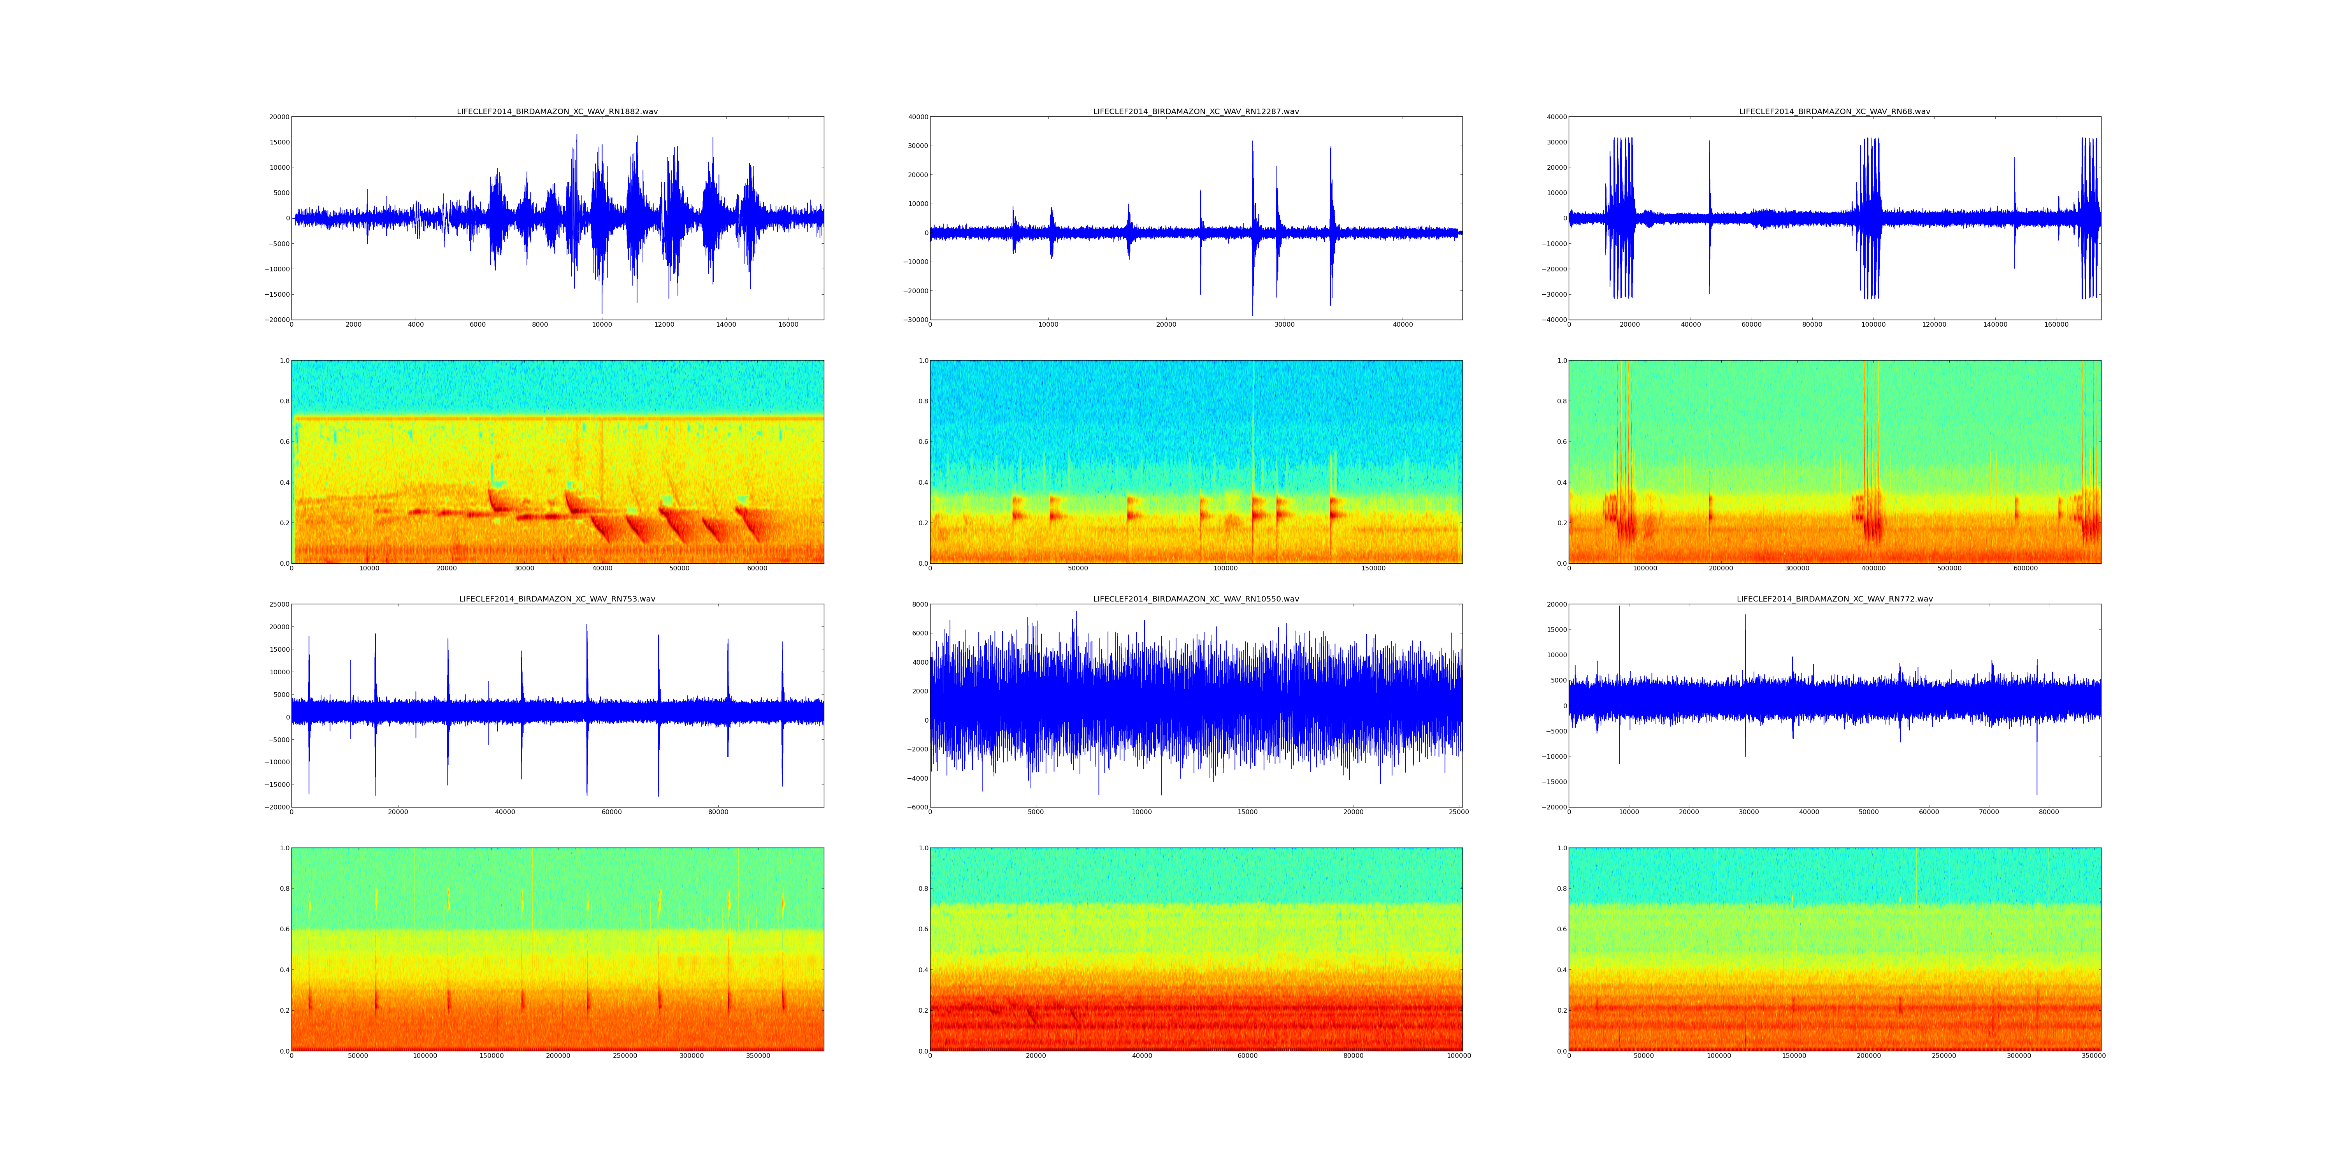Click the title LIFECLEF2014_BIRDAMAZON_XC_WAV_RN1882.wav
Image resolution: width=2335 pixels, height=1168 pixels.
pos(557,111)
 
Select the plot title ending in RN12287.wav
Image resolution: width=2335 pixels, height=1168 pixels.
pos(1196,111)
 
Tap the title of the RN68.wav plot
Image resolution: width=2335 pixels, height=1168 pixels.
pos(1834,111)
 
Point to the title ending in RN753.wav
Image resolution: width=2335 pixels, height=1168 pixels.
pos(557,600)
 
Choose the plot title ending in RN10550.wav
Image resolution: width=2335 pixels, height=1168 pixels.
pos(1196,600)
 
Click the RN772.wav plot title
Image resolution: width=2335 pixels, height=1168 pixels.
pos(1834,600)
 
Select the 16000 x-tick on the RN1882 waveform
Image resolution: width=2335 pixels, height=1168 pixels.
pos(788,325)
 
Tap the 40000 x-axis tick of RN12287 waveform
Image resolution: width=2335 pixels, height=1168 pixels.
pos(1402,325)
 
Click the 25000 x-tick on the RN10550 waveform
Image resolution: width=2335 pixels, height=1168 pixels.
pos(1459,813)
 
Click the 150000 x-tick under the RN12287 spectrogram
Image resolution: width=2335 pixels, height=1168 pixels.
pos(1373,568)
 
